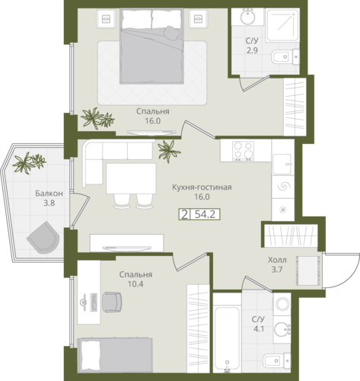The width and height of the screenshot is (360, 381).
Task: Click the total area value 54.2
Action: (x=205, y=215)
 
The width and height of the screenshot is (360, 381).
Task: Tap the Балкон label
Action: (x=49, y=194)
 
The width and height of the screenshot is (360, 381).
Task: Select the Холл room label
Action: (x=277, y=260)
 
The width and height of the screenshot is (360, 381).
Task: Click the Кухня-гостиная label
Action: (x=202, y=187)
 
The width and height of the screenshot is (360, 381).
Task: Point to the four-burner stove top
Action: (x=244, y=151)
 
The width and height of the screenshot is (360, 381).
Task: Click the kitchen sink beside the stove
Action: (x=282, y=164)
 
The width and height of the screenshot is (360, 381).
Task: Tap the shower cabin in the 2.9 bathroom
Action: (x=282, y=25)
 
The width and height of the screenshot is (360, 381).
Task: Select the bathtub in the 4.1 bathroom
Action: (x=227, y=337)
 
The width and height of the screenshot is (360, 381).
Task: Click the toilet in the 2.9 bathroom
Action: (x=285, y=56)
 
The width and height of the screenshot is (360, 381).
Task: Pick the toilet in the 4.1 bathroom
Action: (x=277, y=360)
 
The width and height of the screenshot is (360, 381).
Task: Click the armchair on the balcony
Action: (x=43, y=238)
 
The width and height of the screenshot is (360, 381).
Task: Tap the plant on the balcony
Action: (x=29, y=162)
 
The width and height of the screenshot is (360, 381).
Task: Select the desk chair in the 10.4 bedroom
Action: (x=112, y=302)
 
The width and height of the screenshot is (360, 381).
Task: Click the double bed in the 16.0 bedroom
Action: (x=151, y=46)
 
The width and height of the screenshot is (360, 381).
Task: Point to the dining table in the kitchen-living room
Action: (x=131, y=178)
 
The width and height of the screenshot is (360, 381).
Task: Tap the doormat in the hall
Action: (x=307, y=271)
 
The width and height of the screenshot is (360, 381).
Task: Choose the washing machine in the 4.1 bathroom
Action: (x=282, y=304)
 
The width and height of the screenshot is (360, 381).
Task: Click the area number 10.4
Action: (x=135, y=284)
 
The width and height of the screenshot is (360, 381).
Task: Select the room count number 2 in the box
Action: (x=184, y=215)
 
